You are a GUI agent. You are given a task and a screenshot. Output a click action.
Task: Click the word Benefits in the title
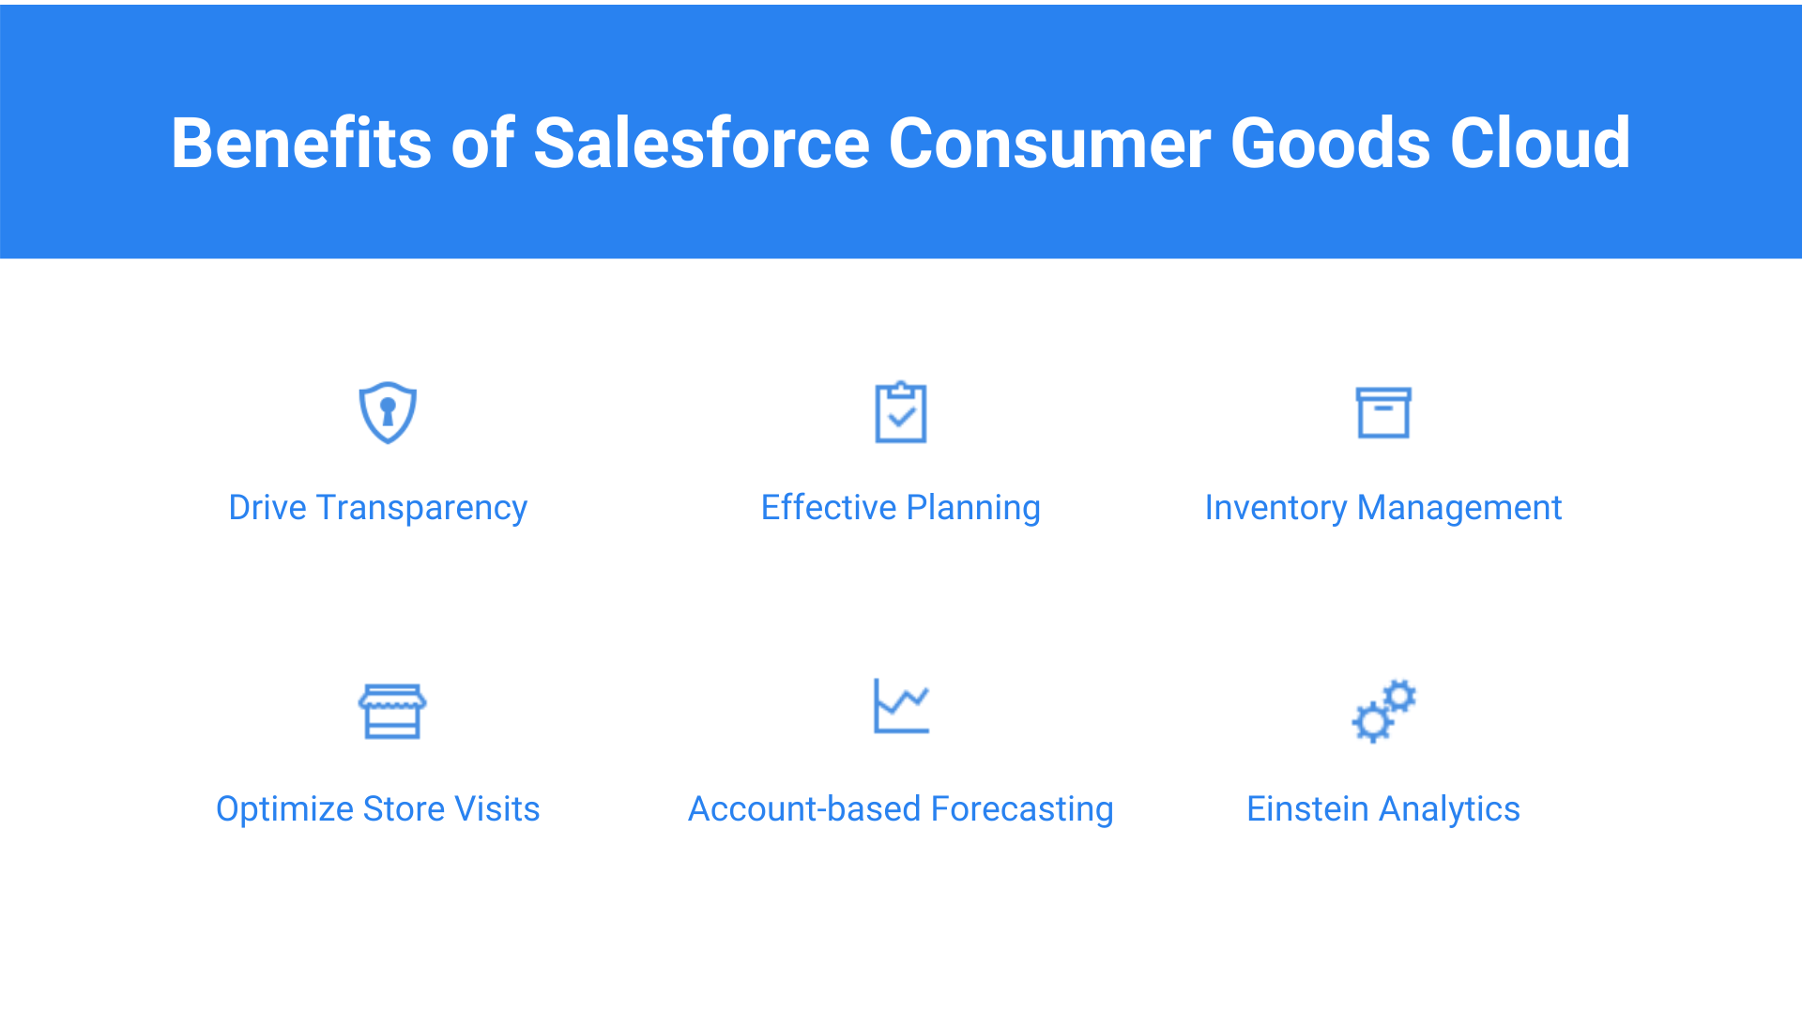tap(301, 143)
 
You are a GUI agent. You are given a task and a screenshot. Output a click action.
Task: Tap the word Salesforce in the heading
tap(702, 143)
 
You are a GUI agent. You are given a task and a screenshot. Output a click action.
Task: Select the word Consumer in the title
tap(1049, 143)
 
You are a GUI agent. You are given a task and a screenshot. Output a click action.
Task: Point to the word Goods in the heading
tap(1330, 143)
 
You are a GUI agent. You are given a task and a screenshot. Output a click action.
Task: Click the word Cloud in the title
tap(1539, 143)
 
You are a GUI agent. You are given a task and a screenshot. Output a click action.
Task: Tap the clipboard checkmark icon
tap(901, 412)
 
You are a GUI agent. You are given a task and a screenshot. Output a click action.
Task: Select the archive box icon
tap(1383, 413)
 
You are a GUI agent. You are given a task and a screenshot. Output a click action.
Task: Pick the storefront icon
tap(392, 711)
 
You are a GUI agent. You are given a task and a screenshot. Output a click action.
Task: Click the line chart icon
tap(901, 706)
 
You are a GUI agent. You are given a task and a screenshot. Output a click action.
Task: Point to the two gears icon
tap(1383, 711)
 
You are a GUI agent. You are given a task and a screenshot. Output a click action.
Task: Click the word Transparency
tap(422, 509)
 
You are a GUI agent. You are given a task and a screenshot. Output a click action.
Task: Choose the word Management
tap(1459, 509)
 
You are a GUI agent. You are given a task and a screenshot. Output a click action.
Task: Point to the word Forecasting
tap(1022, 810)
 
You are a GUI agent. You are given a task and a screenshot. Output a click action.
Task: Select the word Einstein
tap(1307, 808)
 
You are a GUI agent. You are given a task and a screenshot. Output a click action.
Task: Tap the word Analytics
tap(1449, 810)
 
